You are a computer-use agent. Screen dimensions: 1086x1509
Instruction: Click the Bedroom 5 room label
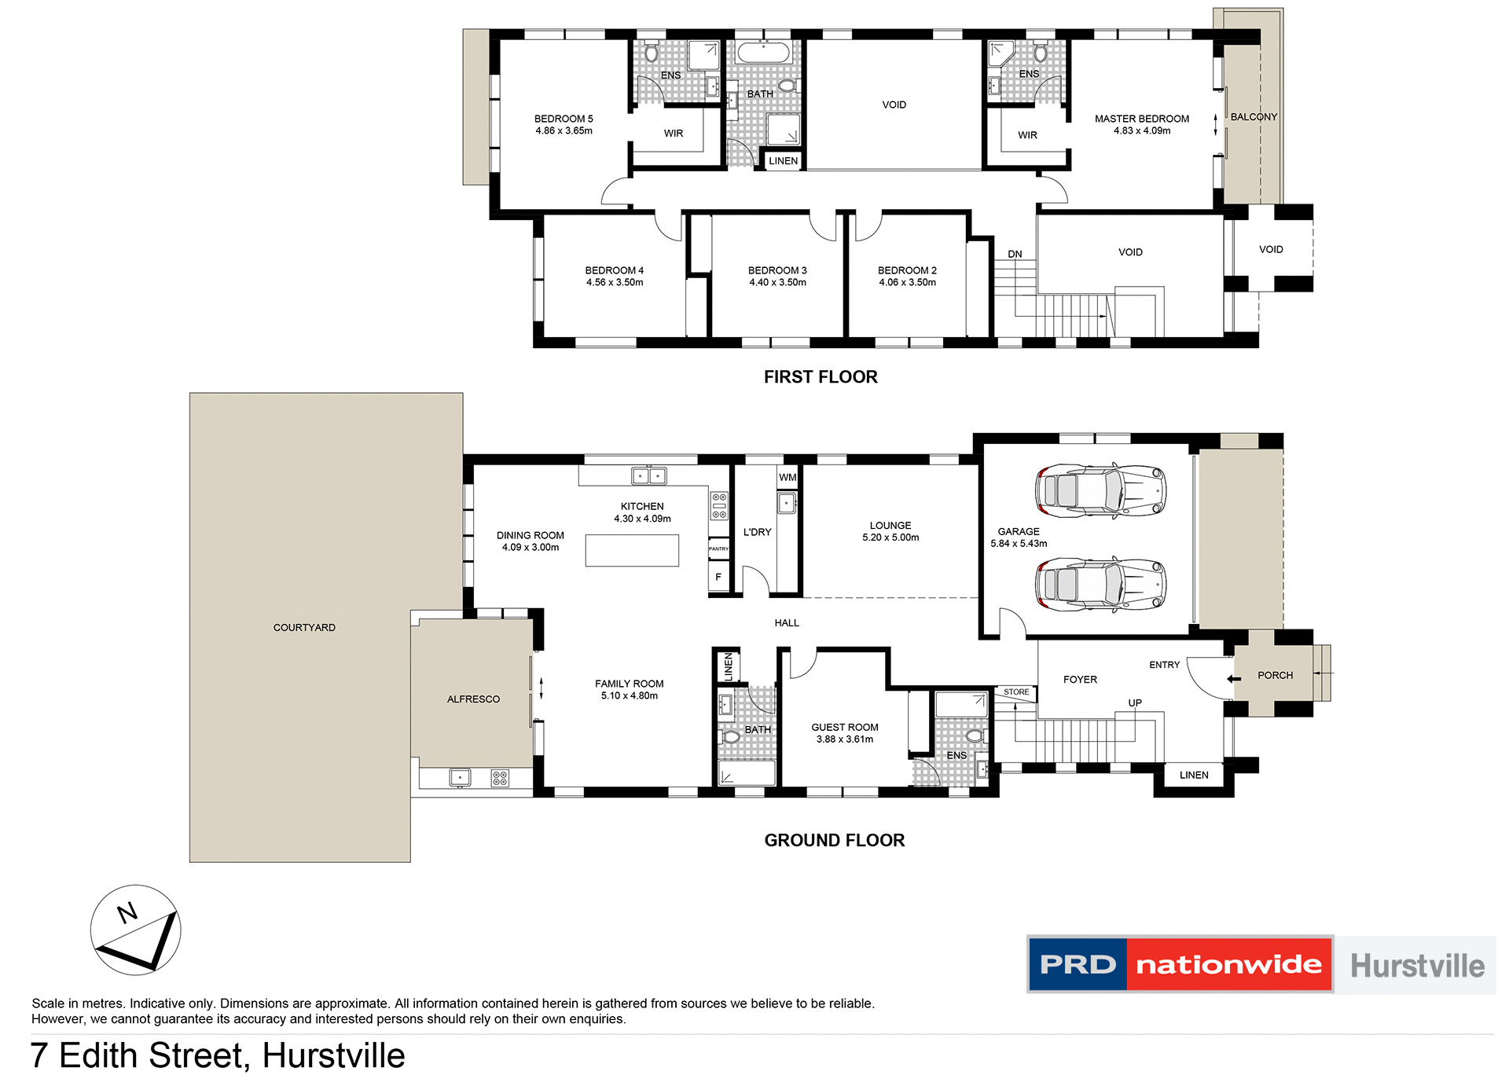(x=564, y=119)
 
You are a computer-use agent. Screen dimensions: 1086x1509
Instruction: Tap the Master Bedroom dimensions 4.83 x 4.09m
(x=1141, y=131)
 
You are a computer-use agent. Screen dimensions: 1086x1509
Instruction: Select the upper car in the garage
(x=1100, y=490)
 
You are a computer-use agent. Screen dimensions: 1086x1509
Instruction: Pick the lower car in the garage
(x=1100, y=585)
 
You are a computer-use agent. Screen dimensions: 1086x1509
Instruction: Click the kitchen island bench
(x=632, y=550)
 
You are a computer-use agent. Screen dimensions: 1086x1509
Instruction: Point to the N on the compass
(x=127, y=912)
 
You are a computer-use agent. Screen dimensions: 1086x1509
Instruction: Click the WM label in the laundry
(x=788, y=477)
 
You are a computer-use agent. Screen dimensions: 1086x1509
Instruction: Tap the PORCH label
(x=1275, y=675)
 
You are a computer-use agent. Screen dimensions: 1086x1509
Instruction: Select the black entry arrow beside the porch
(x=1234, y=679)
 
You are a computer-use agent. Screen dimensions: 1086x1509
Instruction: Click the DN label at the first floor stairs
(x=1015, y=254)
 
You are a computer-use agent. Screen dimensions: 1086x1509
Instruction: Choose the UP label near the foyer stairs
(x=1135, y=703)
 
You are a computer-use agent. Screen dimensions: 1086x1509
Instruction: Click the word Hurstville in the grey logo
(x=1417, y=966)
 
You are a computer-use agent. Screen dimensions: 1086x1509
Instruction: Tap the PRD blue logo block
(x=1078, y=964)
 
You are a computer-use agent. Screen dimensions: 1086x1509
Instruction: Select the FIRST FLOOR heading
(x=821, y=377)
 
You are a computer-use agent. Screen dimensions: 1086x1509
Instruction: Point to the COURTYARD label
(x=304, y=627)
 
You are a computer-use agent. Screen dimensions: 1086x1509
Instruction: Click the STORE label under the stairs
(x=1016, y=692)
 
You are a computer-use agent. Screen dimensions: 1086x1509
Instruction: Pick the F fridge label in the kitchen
(x=718, y=577)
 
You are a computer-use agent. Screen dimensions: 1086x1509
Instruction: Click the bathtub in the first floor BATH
(x=763, y=53)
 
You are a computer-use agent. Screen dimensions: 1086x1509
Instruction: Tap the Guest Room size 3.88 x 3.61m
(x=845, y=739)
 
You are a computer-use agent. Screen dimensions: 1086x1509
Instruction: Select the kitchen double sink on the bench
(x=649, y=475)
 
